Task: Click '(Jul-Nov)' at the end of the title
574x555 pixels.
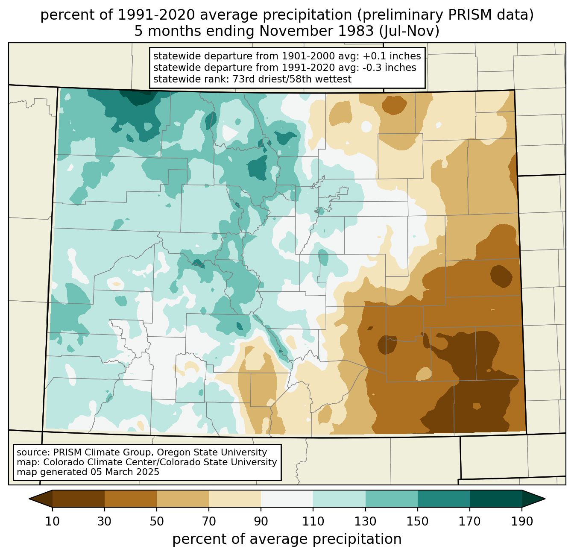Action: coord(410,31)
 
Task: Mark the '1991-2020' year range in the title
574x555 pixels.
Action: coord(156,15)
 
